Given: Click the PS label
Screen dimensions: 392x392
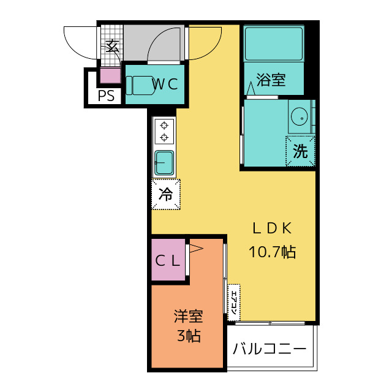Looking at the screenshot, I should coord(106,96).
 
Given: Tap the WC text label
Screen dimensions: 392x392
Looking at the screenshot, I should coord(165,85).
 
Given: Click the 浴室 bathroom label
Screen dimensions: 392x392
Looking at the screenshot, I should coord(271,80).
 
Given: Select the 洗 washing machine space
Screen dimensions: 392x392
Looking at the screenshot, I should coord(300,151).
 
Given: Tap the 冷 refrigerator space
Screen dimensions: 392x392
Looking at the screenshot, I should coord(166,195).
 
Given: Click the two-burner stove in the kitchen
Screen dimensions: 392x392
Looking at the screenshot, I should coord(164,131).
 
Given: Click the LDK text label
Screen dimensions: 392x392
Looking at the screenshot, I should coord(271,228).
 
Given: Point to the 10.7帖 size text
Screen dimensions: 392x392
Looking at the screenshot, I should coord(272,251).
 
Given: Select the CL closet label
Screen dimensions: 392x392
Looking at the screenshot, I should coord(167,260).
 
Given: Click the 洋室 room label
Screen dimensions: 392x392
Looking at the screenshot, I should coord(188,317).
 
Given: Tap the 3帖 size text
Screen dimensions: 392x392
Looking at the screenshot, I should coord(188,336).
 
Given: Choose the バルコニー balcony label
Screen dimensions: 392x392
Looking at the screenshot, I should coord(269,350).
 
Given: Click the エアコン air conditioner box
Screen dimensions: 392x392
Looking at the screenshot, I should coord(233,302).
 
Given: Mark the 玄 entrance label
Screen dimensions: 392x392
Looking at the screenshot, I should coord(111,47).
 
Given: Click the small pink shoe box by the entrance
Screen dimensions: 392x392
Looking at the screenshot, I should coord(111,76).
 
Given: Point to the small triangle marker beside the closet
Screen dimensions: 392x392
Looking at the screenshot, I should coord(195,248).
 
